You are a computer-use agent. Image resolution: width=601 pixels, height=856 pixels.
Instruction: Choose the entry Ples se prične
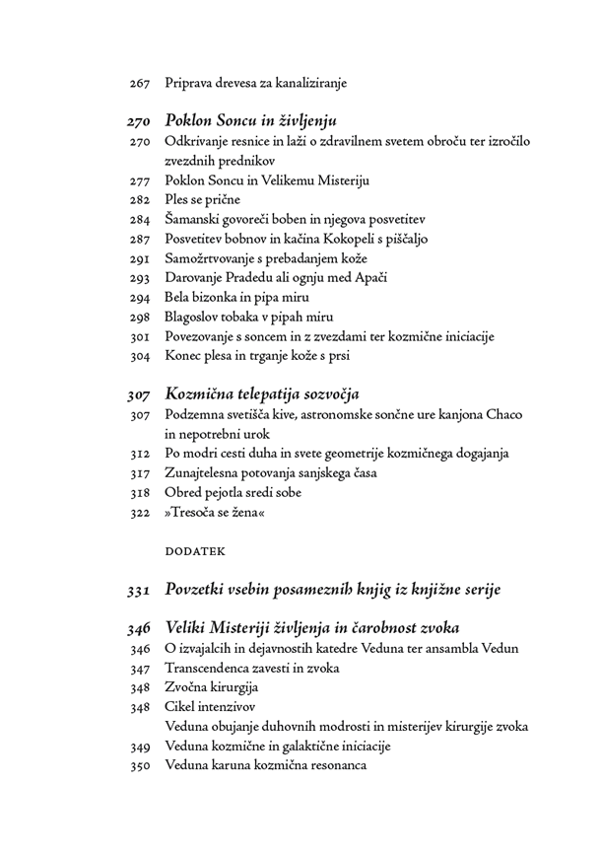pyautogui.click(x=202, y=200)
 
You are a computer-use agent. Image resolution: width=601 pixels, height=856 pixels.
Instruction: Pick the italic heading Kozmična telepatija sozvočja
pyautogui.click(x=262, y=394)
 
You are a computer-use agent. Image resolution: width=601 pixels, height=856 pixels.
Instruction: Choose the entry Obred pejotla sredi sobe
pyautogui.click(x=233, y=492)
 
